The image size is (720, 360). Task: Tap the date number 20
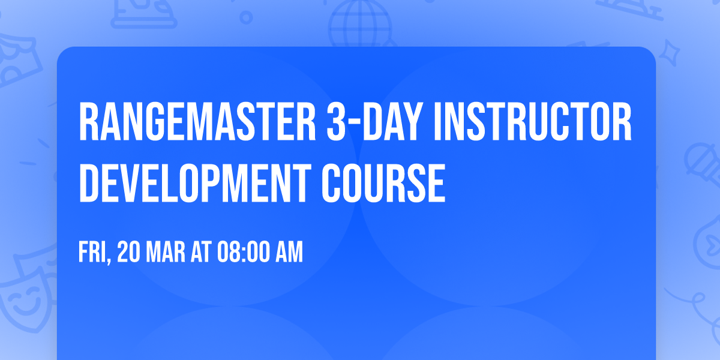click(129, 253)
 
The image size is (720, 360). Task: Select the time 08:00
click(245, 253)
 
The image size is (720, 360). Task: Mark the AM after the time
click(289, 253)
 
